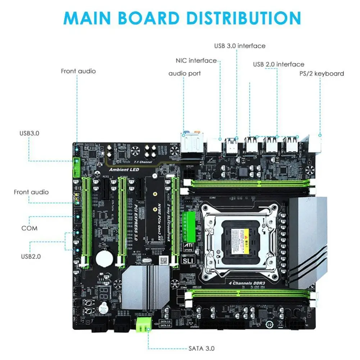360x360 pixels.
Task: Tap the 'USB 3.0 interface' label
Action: point(240,46)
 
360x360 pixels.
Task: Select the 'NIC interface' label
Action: point(196,60)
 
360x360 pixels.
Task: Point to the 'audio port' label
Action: point(184,73)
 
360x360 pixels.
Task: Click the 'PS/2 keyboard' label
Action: point(322,73)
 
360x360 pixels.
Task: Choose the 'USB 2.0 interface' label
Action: point(278,64)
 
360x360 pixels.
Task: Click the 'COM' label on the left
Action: point(29,228)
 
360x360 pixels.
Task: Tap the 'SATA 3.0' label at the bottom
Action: point(201,348)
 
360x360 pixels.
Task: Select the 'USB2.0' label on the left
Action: point(31,256)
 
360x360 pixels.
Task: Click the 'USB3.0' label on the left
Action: point(29,133)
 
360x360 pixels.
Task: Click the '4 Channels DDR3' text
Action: point(244,282)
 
